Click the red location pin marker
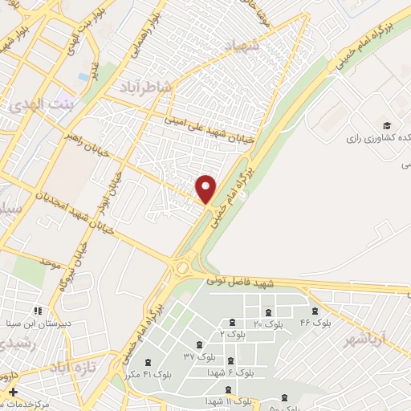tap(206, 188)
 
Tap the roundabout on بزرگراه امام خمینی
tap(183, 264)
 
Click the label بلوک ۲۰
tap(268, 324)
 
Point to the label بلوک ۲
tap(233, 332)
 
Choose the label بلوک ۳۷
tap(199, 356)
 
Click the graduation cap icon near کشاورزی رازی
tap(386, 126)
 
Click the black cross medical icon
tap(12, 392)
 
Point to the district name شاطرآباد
tap(146, 86)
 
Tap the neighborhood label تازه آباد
tap(72, 367)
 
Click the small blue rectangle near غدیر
tap(83, 77)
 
